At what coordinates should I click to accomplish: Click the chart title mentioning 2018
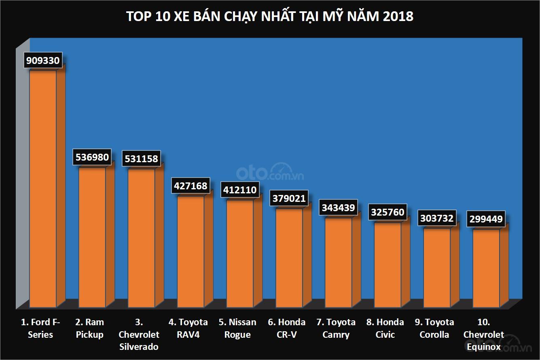click(270, 17)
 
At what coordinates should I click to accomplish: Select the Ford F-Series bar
click(43, 188)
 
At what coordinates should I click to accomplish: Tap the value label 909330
click(43, 61)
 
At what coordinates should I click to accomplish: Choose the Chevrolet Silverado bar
click(142, 238)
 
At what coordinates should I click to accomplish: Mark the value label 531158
click(142, 158)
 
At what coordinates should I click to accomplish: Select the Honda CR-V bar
click(289, 257)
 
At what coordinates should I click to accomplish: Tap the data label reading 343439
click(338, 208)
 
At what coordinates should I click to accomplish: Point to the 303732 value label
click(437, 218)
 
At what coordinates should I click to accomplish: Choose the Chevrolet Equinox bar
click(486, 268)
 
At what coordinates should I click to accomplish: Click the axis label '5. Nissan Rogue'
click(237, 328)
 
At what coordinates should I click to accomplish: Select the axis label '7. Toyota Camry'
click(336, 328)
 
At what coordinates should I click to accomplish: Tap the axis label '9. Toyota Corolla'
click(434, 328)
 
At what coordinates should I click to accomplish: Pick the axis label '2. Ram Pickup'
click(89, 328)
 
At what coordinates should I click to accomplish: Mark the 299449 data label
click(486, 219)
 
